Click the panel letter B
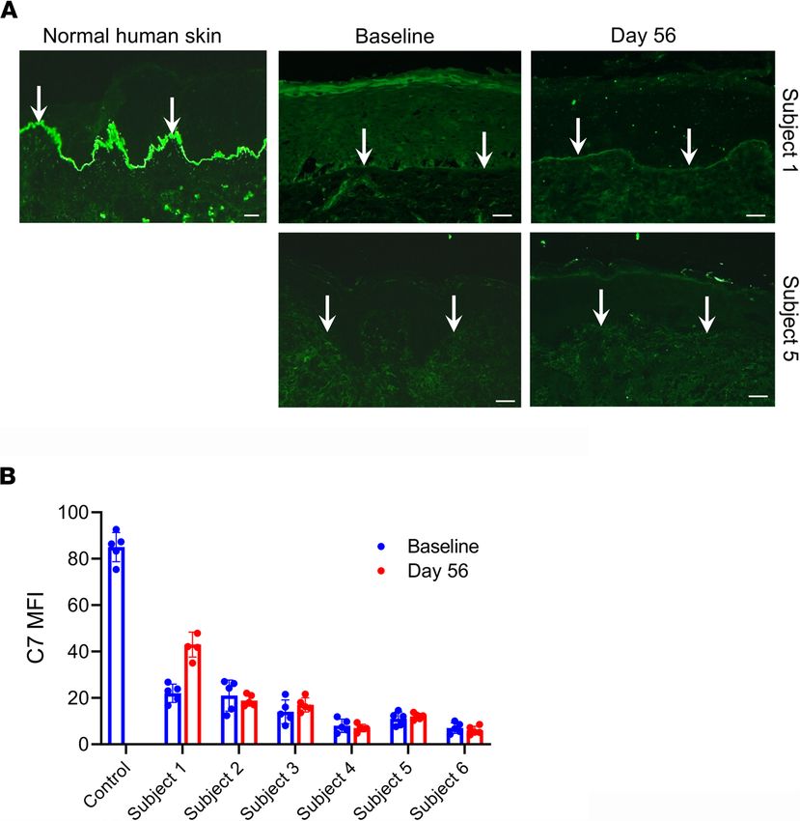tap(9, 477)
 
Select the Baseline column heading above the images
tap(394, 37)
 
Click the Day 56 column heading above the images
tap(647, 37)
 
